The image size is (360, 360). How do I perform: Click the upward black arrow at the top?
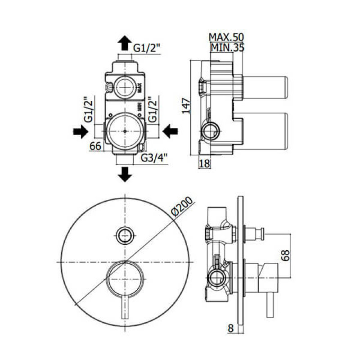[x=125, y=43]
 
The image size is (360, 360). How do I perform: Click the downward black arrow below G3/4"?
[x=125, y=175]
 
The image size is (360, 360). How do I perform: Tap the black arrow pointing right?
[x=81, y=132]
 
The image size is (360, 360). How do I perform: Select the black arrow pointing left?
[x=170, y=131]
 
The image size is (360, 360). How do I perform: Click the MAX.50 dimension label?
[x=226, y=37]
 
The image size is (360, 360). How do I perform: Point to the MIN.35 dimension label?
[x=228, y=48]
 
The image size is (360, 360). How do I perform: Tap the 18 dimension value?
[x=204, y=164]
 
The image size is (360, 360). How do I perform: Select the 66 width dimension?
[x=95, y=146]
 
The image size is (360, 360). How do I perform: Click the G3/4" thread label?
[x=154, y=158]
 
